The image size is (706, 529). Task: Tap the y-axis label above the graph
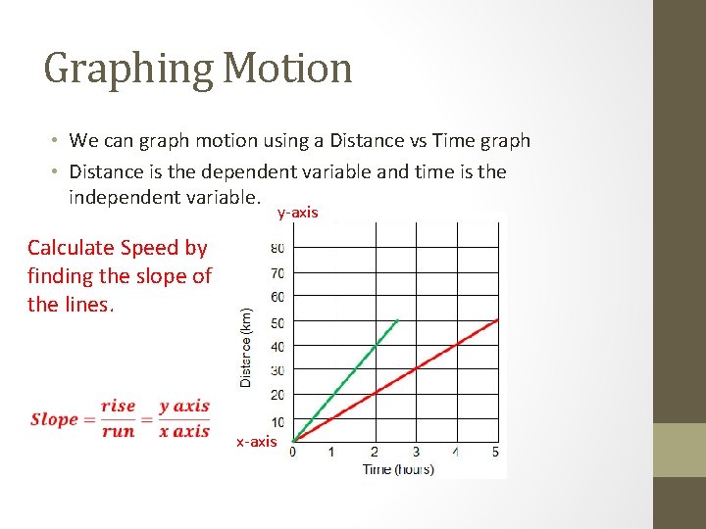pos(297,213)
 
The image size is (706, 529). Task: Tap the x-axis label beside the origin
pos(257,442)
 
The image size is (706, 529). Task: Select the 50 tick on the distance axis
pos(277,322)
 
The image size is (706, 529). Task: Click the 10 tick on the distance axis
pos(277,422)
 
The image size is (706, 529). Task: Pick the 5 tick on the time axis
pos(495,452)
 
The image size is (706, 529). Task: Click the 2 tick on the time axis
pos(374,452)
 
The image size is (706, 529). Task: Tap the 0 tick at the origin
pos(293,452)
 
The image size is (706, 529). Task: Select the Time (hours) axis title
pos(398,469)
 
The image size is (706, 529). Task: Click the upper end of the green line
pos(396,320)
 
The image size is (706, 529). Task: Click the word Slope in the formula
pos(54,419)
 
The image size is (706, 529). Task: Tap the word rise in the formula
pos(118,406)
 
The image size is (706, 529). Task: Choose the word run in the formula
pos(118,432)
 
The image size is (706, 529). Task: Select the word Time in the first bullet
pos(450,141)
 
